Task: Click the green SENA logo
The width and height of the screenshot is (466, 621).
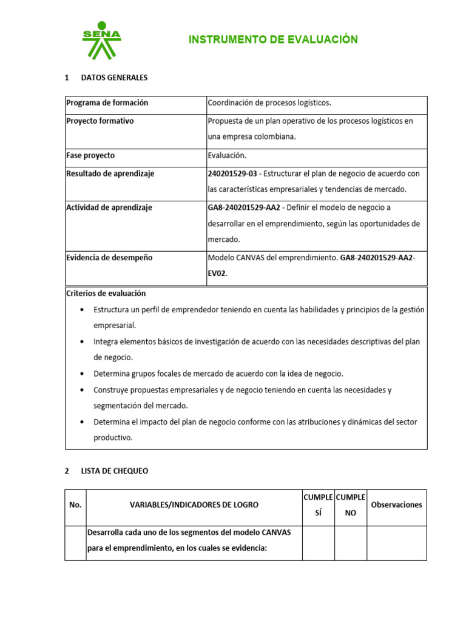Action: (102, 43)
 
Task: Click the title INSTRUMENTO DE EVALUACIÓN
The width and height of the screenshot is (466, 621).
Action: (273, 40)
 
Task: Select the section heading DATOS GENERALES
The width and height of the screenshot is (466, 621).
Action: (114, 78)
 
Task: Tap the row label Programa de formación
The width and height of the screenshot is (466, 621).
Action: (107, 103)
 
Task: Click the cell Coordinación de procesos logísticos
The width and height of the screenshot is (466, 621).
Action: (269, 103)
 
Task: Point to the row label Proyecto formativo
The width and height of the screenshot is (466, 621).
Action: (100, 121)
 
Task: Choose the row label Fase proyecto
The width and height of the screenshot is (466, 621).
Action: (90, 156)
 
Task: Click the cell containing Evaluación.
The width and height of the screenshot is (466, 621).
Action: (227, 156)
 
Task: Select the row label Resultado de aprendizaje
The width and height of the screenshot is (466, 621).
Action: (110, 174)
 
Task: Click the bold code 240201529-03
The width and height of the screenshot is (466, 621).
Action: (232, 174)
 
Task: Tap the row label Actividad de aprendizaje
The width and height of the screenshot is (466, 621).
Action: (109, 208)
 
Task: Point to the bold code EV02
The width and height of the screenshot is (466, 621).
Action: (217, 274)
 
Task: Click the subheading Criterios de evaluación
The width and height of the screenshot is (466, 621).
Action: (106, 294)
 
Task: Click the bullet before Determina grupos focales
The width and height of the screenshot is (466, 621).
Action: (82, 374)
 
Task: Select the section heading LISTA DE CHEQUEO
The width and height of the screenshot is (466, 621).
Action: (114, 471)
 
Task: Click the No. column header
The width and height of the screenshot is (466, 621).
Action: (75, 505)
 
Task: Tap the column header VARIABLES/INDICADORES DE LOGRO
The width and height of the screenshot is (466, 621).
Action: (194, 505)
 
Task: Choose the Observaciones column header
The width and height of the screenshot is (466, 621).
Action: (396, 505)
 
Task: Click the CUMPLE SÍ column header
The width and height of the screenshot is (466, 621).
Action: (318, 505)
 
